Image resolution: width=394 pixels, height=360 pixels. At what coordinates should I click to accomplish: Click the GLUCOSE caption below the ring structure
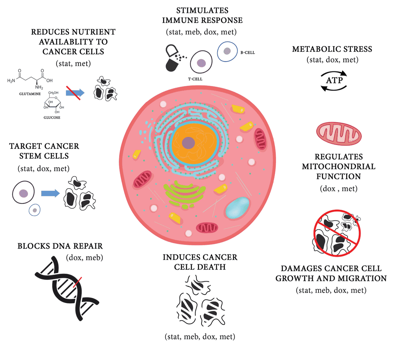pyautogui.click(x=52, y=117)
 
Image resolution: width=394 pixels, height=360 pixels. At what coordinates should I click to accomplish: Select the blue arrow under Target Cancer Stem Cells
pyautogui.click(x=50, y=193)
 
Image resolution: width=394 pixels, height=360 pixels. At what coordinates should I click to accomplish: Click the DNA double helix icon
pyautogui.click(x=66, y=287)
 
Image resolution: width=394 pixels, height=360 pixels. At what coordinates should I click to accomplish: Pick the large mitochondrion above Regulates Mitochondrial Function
pyautogui.click(x=339, y=134)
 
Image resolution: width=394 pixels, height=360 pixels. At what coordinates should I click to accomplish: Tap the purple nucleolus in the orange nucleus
pyautogui.click(x=189, y=143)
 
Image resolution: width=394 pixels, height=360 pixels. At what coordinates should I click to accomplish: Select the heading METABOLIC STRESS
pyautogui.click(x=332, y=49)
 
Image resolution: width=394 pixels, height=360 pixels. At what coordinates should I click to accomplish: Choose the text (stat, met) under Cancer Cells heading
pyautogui.click(x=73, y=64)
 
